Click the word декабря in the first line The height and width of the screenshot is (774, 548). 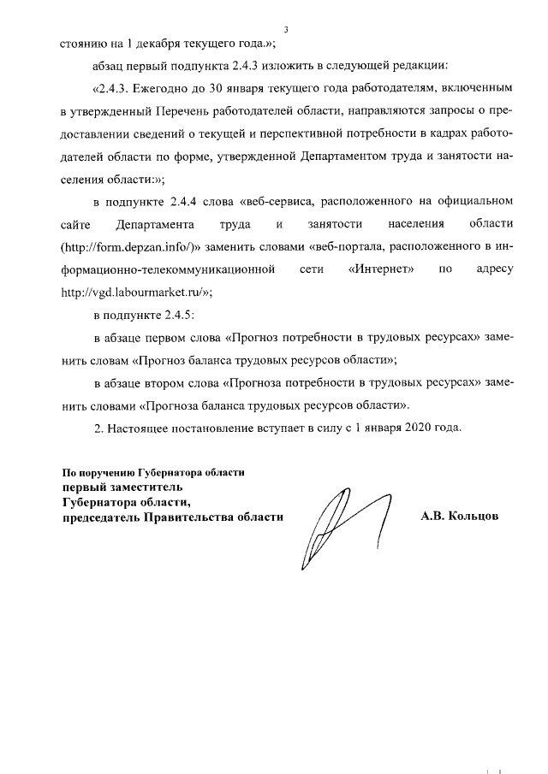coord(160,44)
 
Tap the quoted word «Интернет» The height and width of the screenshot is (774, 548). coord(383,269)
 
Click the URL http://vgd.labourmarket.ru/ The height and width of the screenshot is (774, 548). coord(134,291)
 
